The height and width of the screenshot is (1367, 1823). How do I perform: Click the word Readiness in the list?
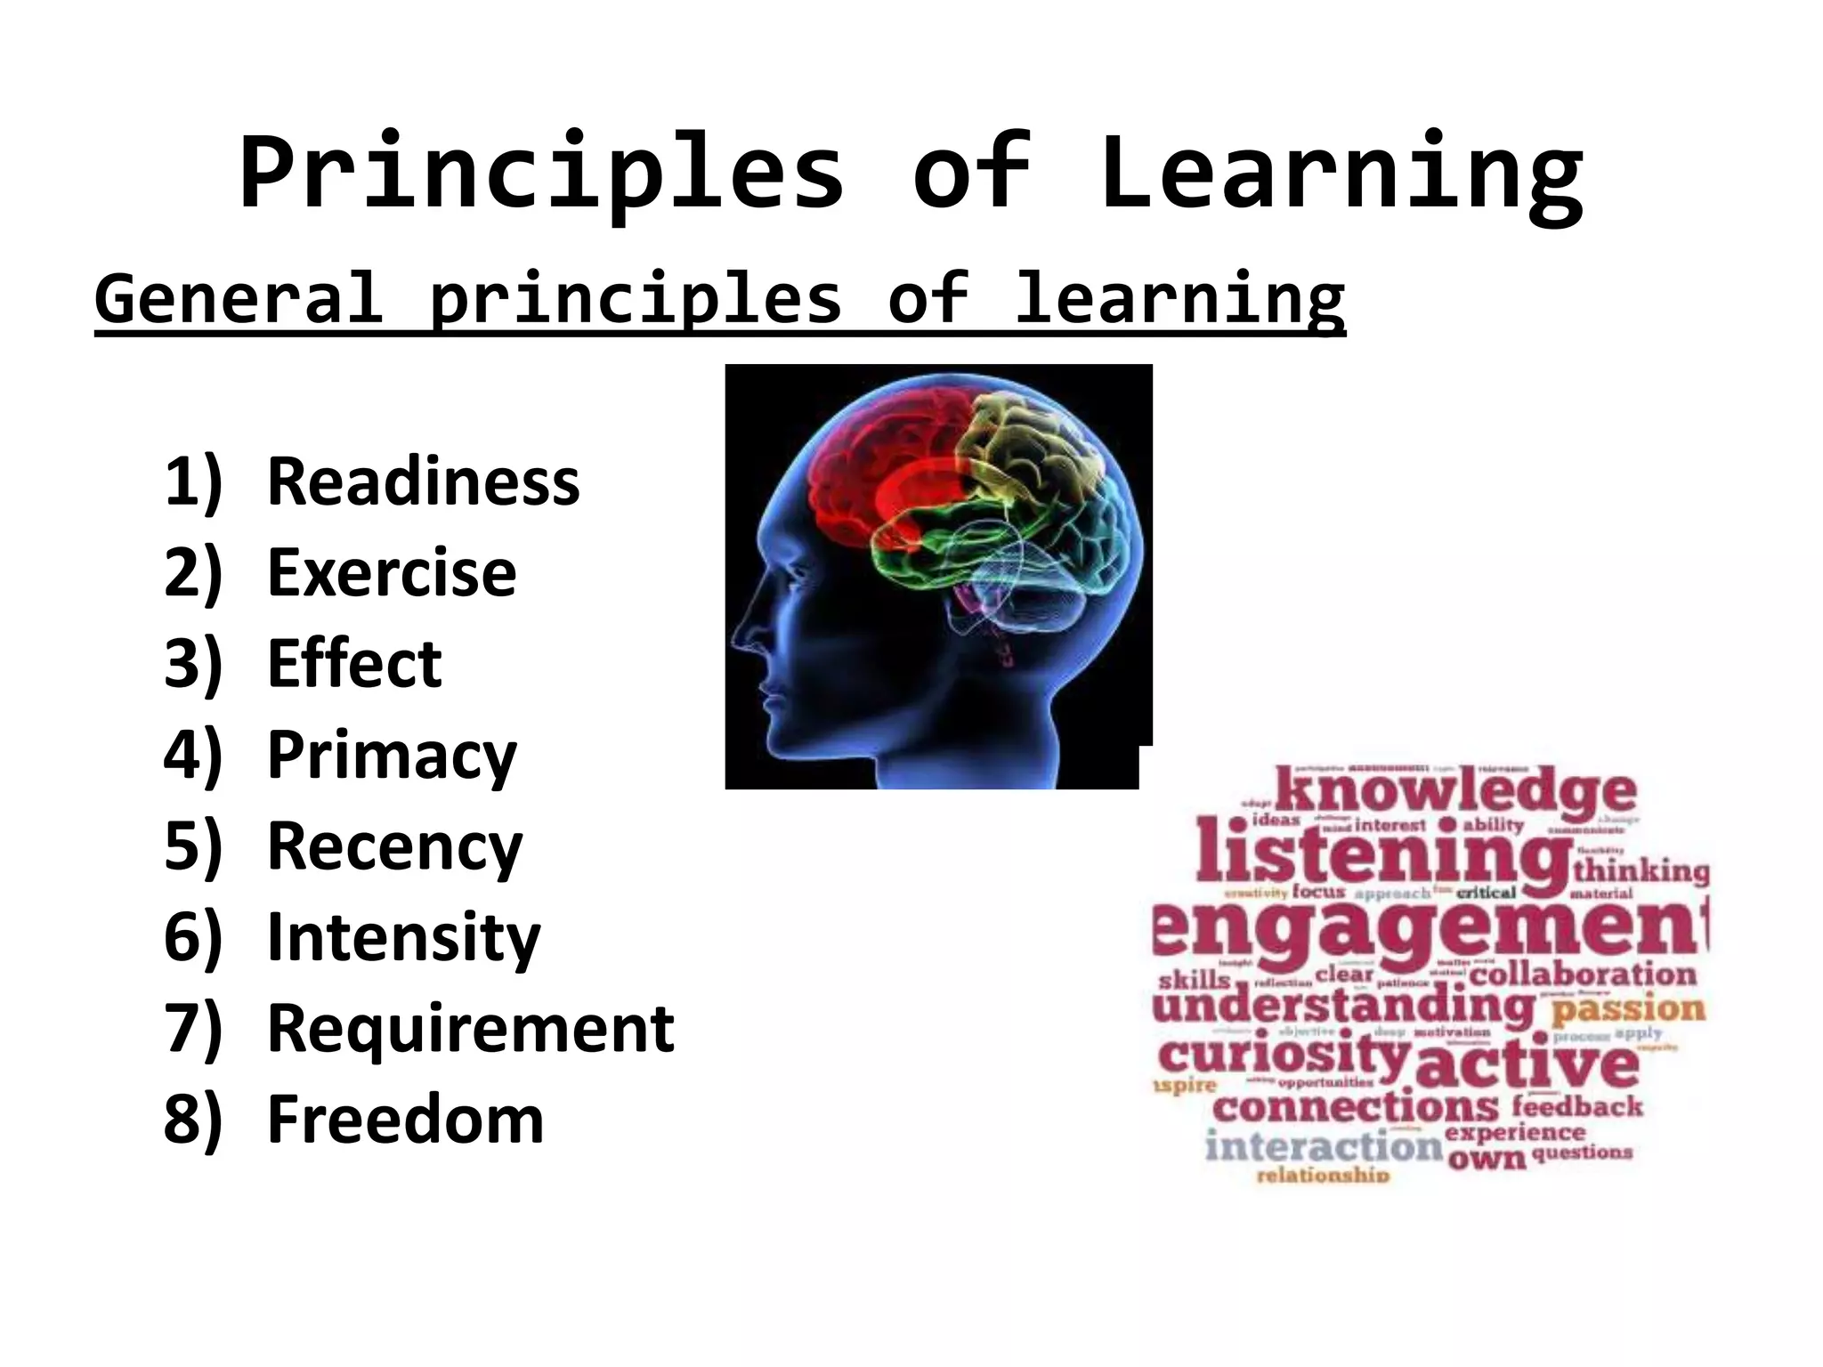click(423, 481)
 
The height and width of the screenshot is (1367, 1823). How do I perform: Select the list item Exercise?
click(392, 572)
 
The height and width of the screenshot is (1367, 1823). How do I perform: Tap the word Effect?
click(354, 664)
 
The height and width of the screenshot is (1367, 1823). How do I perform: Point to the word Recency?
click(395, 847)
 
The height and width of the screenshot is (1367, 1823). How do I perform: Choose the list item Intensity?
click(403, 938)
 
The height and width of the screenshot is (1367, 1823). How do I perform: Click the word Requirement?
click(471, 1029)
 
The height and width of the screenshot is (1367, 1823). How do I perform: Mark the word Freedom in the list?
click(405, 1120)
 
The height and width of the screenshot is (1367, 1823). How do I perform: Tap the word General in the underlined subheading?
click(239, 299)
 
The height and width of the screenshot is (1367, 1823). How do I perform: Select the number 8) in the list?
click(192, 1120)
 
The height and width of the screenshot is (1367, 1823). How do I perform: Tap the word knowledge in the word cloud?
click(1455, 791)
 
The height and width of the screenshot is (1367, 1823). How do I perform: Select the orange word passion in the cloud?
click(1628, 1009)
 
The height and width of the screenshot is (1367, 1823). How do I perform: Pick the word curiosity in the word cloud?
click(1284, 1056)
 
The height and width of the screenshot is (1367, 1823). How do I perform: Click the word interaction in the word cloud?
click(1323, 1146)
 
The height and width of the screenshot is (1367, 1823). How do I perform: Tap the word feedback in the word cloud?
click(1577, 1106)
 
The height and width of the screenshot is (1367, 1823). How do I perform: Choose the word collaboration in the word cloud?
click(1583, 975)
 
